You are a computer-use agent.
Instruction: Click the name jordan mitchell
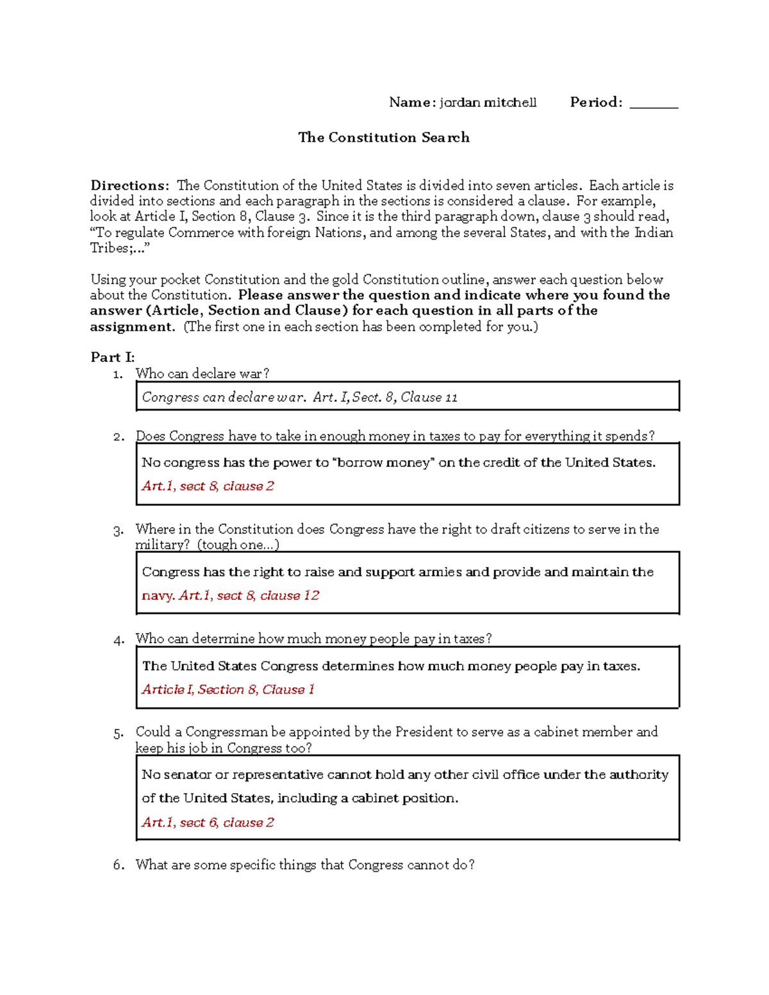pos(488,103)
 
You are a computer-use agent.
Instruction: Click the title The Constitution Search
pos(383,137)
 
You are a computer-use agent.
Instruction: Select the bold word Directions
pos(129,186)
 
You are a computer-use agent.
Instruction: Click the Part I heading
pos(112,357)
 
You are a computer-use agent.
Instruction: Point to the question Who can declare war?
pos(203,374)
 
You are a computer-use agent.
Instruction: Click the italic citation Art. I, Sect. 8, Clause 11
pos(385,397)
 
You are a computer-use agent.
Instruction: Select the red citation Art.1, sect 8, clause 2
pos(208,486)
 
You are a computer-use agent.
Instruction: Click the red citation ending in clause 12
pos(249,596)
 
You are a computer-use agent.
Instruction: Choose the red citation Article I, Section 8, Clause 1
pos(228,690)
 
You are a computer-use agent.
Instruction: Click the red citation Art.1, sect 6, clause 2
pos(208,823)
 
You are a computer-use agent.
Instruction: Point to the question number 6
pos(118,865)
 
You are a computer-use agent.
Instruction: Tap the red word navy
pos(158,596)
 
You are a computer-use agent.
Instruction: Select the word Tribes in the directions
pos(109,249)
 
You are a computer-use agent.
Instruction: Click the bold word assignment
pos(131,327)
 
